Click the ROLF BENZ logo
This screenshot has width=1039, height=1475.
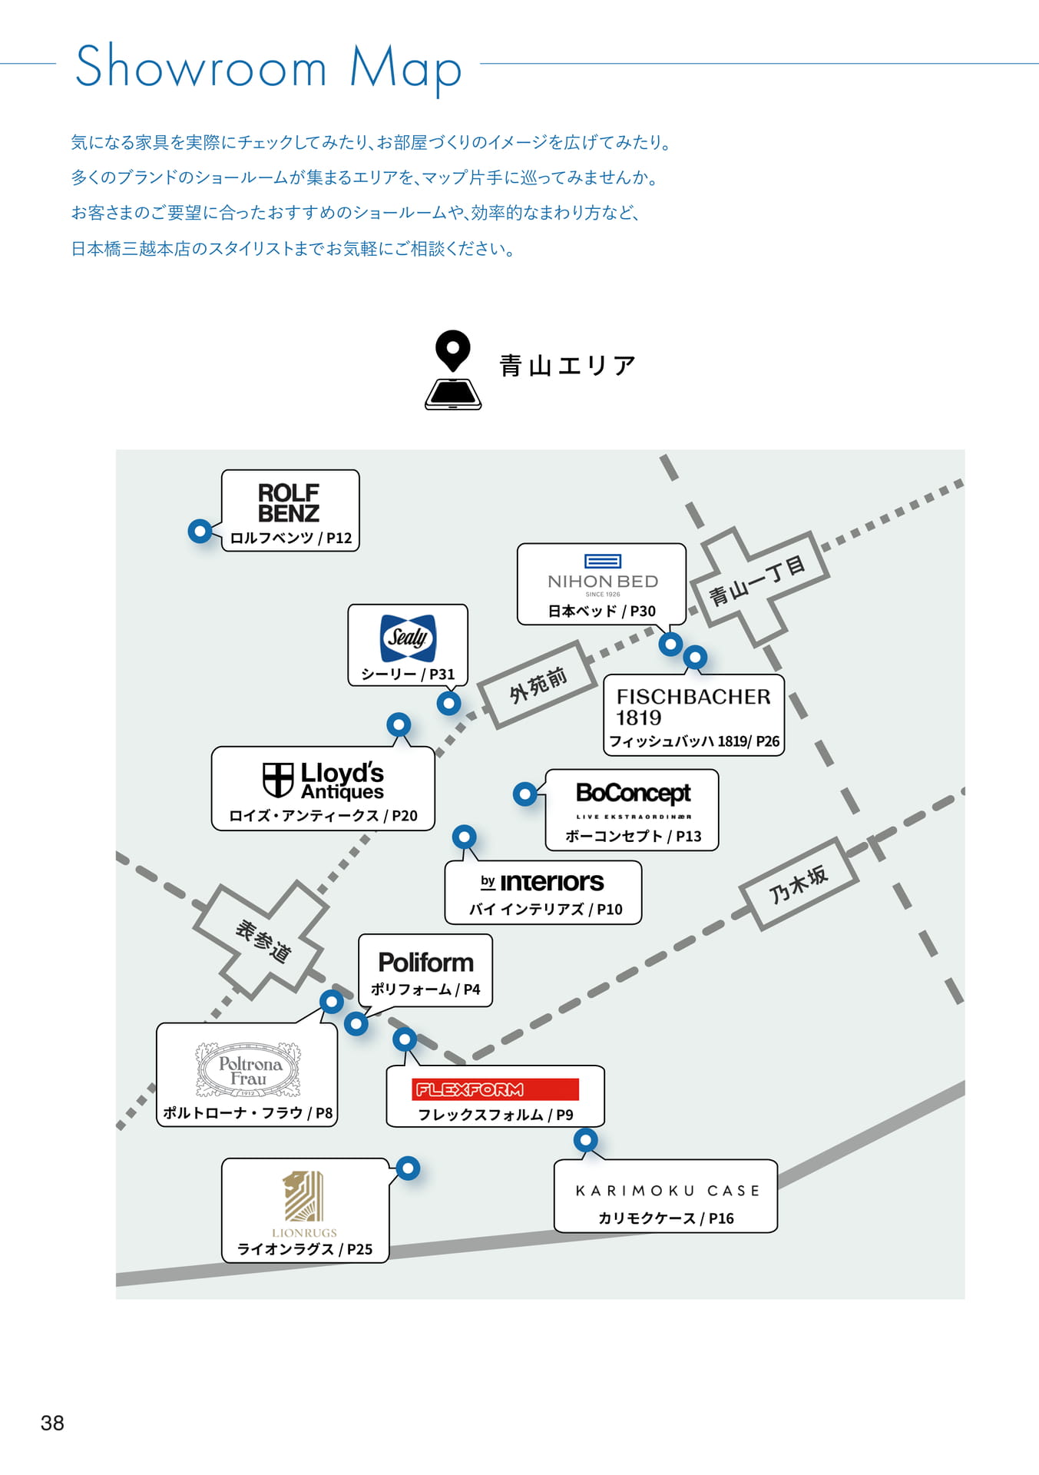[289, 502]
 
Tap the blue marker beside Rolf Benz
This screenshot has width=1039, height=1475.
[200, 531]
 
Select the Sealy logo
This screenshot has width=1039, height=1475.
[408, 638]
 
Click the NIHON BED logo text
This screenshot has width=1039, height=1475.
[603, 582]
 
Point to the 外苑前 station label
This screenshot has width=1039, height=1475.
[538, 683]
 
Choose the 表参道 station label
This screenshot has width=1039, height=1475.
[263, 941]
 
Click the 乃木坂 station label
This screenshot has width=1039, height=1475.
[799, 883]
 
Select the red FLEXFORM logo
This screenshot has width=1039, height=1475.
[495, 1089]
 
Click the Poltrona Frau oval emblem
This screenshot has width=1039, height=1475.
[248, 1069]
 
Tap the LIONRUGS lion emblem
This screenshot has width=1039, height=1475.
[303, 1196]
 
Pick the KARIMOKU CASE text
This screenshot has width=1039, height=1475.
[667, 1191]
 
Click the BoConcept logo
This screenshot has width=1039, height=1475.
[634, 799]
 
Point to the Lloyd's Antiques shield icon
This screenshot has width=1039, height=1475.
[278, 780]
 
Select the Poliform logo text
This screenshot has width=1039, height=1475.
[426, 963]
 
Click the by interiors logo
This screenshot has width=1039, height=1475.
[542, 882]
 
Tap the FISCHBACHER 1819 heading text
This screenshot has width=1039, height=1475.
[693, 707]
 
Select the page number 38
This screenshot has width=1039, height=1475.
[52, 1423]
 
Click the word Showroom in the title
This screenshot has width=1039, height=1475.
[202, 67]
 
